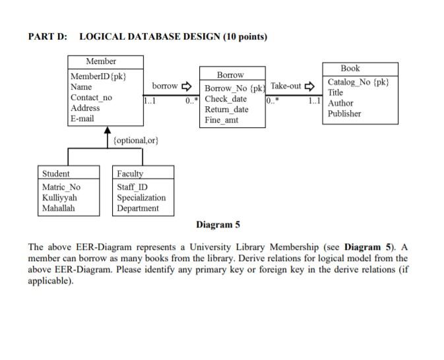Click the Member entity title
click(x=100, y=61)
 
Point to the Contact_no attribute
click(x=91, y=98)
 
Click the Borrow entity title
click(x=230, y=75)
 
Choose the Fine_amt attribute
click(x=222, y=120)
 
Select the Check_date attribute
click(x=226, y=99)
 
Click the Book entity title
click(x=350, y=69)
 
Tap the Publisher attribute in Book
click(x=344, y=113)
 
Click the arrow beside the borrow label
click(x=187, y=86)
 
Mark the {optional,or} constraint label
click(x=136, y=140)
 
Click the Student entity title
click(x=55, y=173)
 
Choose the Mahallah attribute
click(x=59, y=208)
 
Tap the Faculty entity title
click(x=129, y=173)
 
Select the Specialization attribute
click(x=141, y=197)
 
